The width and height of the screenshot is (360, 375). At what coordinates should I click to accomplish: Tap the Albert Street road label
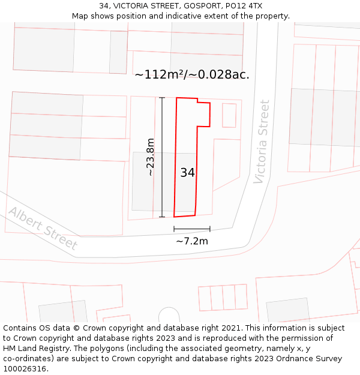click(x=43, y=229)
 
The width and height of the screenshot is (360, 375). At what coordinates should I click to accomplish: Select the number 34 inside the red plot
click(x=187, y=173)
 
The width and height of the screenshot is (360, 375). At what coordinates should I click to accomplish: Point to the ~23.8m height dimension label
click(x=151, y=157)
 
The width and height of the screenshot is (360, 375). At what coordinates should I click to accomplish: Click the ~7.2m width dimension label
click(x=192, y=241)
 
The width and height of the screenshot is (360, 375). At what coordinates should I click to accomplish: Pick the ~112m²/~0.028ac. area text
click(x=192, y=75)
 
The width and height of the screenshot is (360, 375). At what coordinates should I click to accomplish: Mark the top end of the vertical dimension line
click(x=162, y=97)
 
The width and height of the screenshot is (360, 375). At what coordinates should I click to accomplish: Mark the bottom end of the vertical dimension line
click(x=162, y=217)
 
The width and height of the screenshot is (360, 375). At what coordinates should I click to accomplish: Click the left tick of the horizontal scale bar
click(x=174, y=229)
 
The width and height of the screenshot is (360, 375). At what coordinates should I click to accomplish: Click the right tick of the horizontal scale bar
click(x=210, y=229)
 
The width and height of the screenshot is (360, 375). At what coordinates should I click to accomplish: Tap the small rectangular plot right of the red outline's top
click(x=229, y=115)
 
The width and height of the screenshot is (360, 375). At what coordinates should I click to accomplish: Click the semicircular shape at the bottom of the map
click(x=169, y=316)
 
